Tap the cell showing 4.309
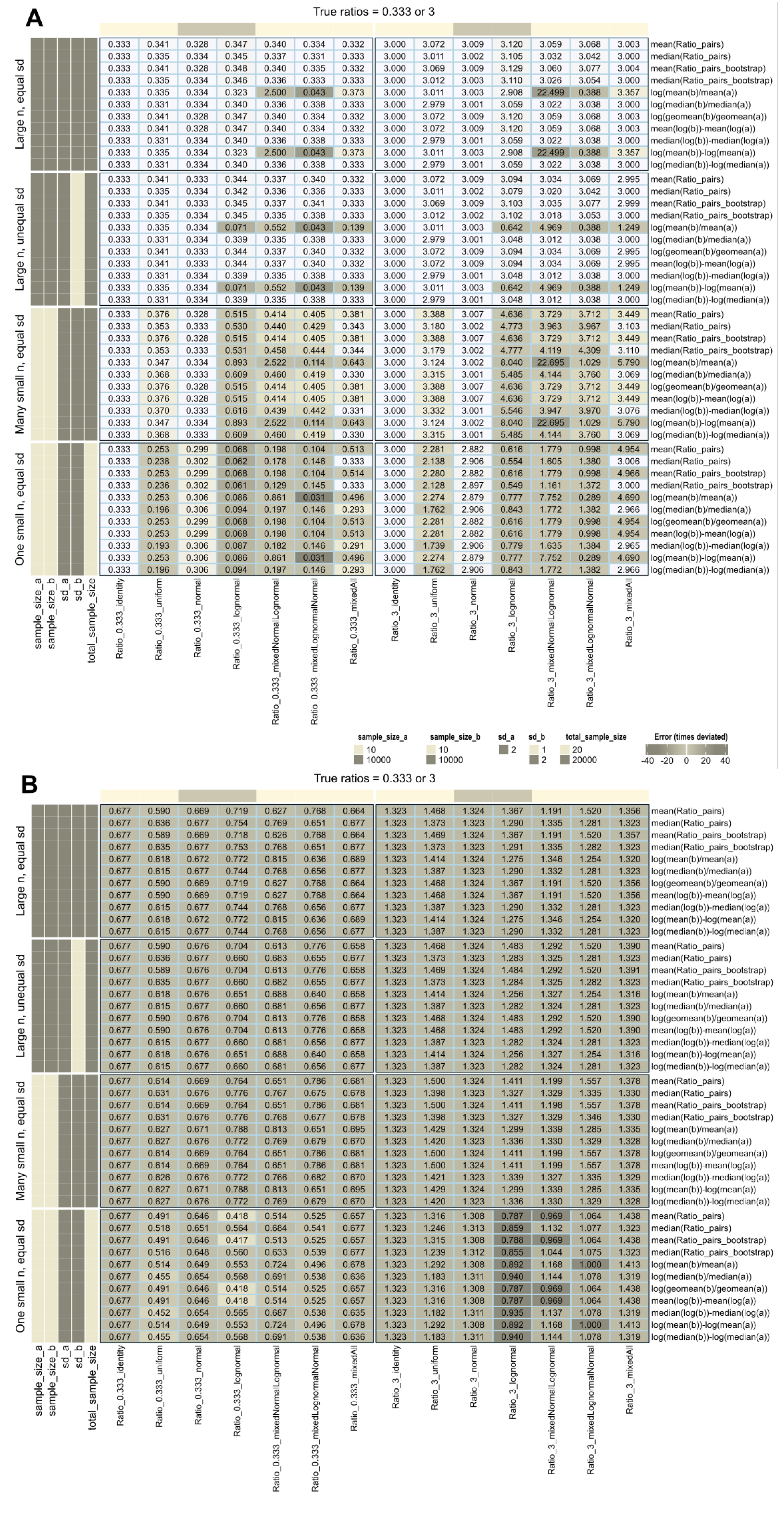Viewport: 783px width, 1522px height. [x=589, y=350]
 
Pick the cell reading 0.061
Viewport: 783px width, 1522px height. [x=236, y=485]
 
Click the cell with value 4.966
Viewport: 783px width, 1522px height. [x=628, y=473]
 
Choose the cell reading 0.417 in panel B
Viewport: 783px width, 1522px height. [x=236, y=1240]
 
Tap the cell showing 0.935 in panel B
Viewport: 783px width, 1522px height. [x=512, y=1312]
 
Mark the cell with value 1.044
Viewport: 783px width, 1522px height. [x=551, y=1252]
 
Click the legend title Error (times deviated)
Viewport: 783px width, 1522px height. [x=690, y=737]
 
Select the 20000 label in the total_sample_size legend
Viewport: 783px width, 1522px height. [x=584, y=760]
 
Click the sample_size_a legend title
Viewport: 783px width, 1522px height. [x=382, y=737]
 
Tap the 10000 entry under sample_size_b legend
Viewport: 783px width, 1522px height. [x=450, y=760]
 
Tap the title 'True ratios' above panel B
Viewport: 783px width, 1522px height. [x=374, y=778]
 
